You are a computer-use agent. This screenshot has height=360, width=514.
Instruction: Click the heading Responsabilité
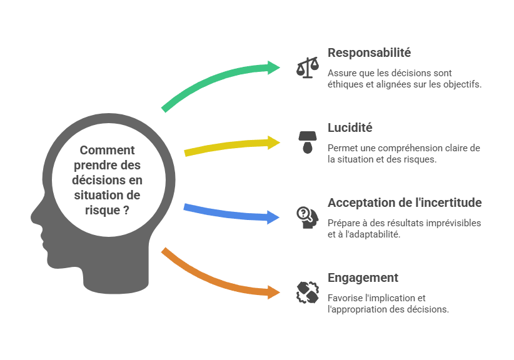tap(369, 52)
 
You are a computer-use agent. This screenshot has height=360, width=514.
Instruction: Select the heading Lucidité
tap(350, 127)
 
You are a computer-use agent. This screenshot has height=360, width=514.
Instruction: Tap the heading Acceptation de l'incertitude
tap(404, 202)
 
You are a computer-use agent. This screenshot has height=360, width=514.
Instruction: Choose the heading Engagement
tap(363, 277)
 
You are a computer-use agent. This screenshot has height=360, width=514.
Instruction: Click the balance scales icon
tap(306, 67)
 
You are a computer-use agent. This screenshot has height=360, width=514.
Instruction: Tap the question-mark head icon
tap(306, 217)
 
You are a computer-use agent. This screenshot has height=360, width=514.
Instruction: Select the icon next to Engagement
tap(306, 292)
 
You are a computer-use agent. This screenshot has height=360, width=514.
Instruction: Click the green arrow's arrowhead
tap(275, 67)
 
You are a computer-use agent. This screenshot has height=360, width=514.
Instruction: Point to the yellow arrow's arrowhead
tap(275, 142)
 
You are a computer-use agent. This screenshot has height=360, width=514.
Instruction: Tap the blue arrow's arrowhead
tap(275, 217)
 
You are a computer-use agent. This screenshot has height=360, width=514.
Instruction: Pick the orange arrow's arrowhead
tap(275, 292)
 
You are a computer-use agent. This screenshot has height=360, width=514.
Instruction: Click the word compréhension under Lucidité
tap(400, 148)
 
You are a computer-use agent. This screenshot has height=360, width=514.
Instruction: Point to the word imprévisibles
tap(450, 223)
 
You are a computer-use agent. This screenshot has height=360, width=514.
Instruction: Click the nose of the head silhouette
tap(33, 216)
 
